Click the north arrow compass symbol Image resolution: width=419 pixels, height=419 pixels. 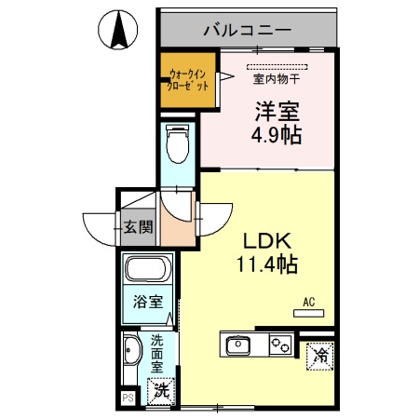(119, 31)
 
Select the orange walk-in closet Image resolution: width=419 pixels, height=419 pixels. (187, 78)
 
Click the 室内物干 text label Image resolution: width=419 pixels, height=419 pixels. (277, 79)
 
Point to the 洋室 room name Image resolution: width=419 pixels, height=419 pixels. (277, 112)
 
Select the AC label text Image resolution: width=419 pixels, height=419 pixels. (308, 302)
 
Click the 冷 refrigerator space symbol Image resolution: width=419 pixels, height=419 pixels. (319, 355)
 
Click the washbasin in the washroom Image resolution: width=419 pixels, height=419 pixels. (131, 353)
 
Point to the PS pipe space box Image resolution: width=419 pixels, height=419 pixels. (128, 399)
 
